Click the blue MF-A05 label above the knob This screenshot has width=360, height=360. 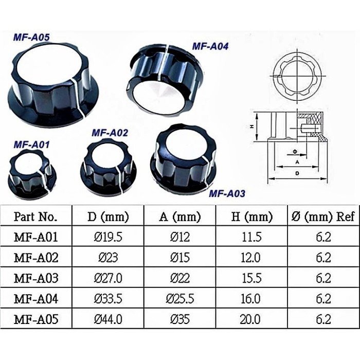click(31, 37)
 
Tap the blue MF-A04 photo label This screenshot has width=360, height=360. click(210, 46)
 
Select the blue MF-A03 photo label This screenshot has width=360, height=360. click(227, 193)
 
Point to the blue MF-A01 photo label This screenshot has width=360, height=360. click(32, 145)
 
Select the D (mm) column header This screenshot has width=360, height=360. click(108, 217)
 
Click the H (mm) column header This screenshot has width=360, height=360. click(251, 217)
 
